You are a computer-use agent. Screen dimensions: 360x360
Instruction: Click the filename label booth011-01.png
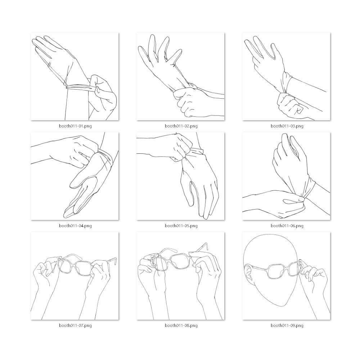[x=75, y=126]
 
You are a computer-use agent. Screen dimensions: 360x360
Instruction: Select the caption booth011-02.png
[x=181, y=126]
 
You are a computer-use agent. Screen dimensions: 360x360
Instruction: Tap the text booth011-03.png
[x=287, y=126]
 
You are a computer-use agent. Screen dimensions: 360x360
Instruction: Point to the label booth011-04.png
[x=75, y=226]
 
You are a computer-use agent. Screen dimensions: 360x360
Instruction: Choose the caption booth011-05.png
[x=181, y=226]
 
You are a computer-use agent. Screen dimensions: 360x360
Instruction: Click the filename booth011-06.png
[x=287, y=226]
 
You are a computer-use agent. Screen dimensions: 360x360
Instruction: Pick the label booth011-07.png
[x=75, y=325]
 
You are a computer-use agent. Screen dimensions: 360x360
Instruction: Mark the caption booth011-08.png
[x=181, y=325]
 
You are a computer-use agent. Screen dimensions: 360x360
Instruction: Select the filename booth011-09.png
[x=287, y=325]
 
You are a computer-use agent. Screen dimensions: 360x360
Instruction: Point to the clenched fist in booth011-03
[x=289, y=104]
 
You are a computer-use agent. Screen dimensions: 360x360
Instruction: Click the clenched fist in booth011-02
[x=188, y=101]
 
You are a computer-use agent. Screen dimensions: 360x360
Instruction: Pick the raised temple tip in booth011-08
[x=206, y=246]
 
